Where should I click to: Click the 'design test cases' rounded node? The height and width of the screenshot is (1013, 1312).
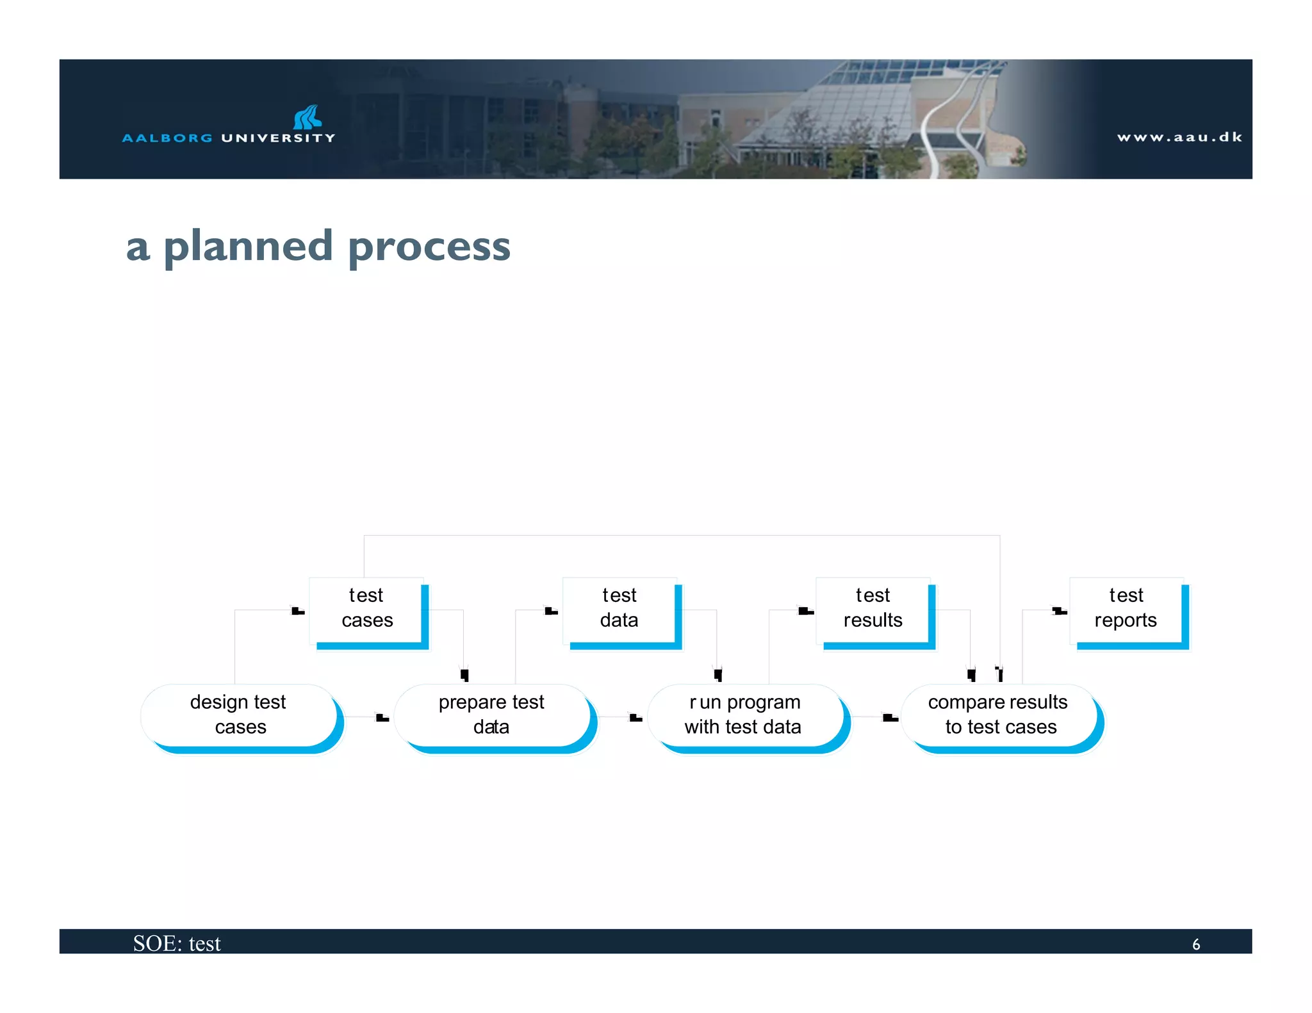[x=239, y=715]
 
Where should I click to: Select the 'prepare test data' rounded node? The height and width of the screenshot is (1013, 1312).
[x=492, y=715]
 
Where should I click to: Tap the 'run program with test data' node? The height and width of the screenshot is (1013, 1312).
[x=744, y=715]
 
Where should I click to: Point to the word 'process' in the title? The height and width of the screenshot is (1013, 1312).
[x=429, y=247]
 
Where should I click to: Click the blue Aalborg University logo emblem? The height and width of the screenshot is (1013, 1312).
[x=307, y=117]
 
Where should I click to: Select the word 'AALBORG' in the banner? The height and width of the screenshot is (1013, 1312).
[x=167, y=138]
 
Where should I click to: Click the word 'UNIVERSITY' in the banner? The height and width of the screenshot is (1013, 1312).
[x=278, y=138]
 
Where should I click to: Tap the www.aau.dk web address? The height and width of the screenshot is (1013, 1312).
[x=1179, y=137]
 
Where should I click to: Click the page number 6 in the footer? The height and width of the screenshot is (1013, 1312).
[x=1195, y=944]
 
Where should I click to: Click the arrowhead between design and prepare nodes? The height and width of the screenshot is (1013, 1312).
[x=382, y=718]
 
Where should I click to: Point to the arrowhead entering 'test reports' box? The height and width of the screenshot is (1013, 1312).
[x=1060, y=611]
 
